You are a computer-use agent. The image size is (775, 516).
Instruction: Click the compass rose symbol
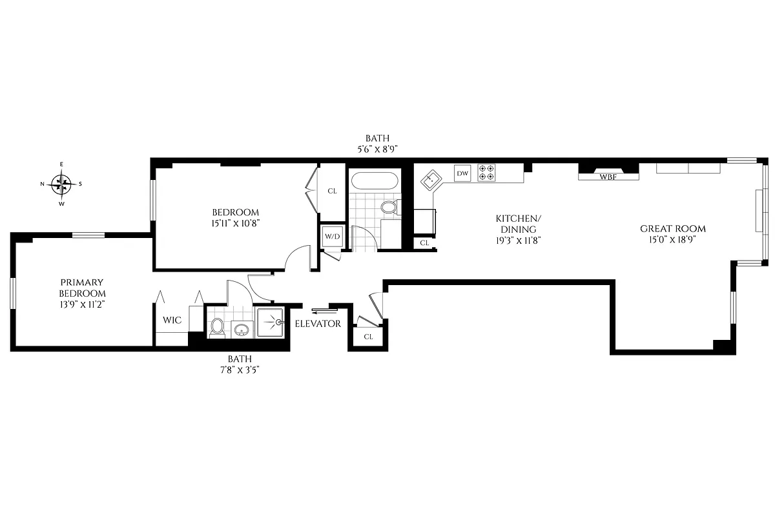click(62, 184)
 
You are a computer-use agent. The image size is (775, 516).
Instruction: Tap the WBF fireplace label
click(608, 176)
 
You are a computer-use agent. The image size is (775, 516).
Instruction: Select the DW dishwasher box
click(462, 173)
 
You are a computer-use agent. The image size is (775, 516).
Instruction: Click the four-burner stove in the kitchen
click(487, 172)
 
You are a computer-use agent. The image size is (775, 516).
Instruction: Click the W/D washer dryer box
click(332, 237)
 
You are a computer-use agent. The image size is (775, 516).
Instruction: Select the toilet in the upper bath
click(389, 207)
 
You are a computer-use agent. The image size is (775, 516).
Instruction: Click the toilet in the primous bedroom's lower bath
click(218, 327)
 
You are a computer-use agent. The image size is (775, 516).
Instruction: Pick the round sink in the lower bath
click(242, 330)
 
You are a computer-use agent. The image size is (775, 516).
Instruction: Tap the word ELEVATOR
click(318, 324)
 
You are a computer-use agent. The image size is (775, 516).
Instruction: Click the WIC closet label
click(172, 320)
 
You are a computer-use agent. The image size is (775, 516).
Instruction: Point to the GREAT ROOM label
click(672, 228)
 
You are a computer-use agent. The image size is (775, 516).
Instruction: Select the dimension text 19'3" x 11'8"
click(514, 239)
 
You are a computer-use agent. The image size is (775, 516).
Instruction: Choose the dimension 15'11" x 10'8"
click(236, 223)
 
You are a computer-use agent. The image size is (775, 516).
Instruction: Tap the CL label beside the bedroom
click(333, 191)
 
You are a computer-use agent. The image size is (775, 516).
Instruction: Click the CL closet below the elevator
click(368, 336)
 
